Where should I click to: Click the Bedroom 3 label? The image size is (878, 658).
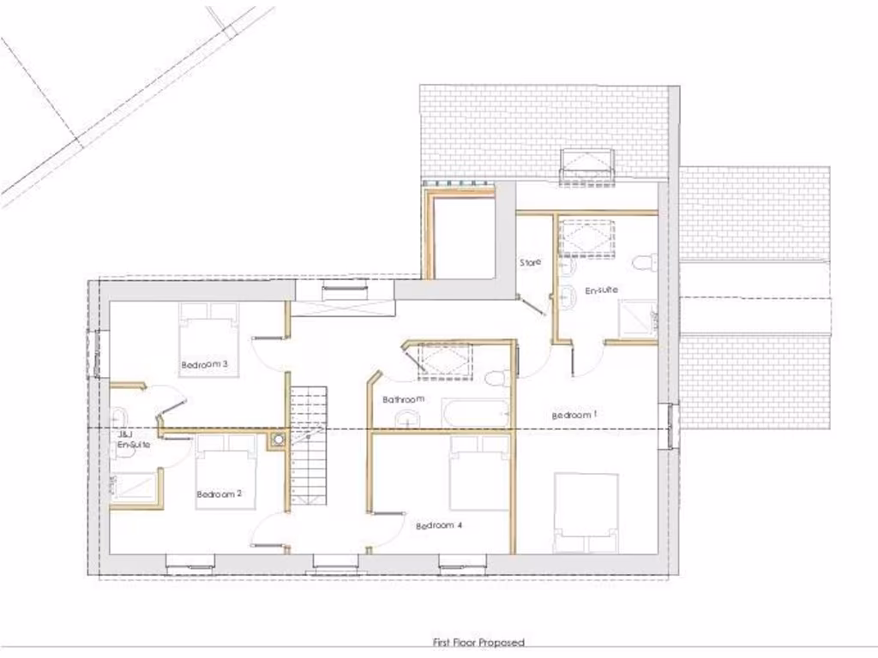click(204, 364)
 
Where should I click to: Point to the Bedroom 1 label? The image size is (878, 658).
click(574, 415)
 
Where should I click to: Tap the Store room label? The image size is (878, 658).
click(531, 262)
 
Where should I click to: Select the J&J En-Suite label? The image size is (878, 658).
click(127, 441)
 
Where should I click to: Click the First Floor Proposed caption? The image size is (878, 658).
click(477, 642)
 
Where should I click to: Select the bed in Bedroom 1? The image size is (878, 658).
click(586, 512)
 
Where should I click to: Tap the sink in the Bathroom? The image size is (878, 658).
click(408, 417)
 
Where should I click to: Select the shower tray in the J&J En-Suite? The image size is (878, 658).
click(134, 486)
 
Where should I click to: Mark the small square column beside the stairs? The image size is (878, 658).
click(278, 440)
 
